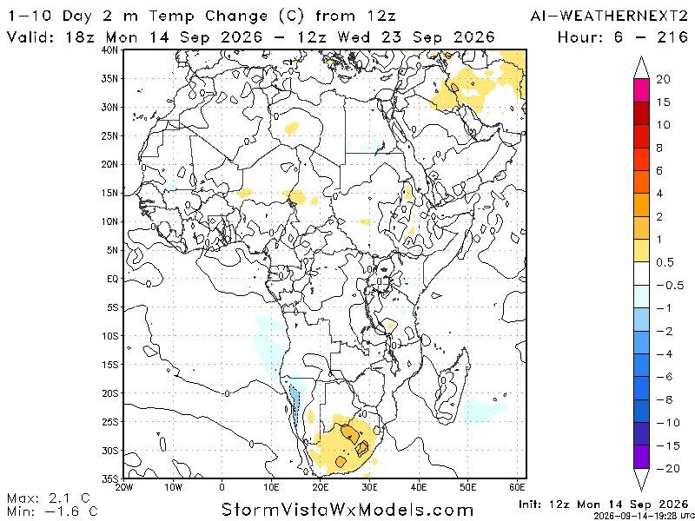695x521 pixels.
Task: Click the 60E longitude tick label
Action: point(517,487)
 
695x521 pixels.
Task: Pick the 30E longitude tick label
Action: point(369,487)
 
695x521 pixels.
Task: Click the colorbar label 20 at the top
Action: point(664,80)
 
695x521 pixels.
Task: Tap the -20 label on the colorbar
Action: point(668,468)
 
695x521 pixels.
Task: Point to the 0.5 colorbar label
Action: point(665,262)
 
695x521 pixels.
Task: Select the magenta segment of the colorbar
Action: point(641,90)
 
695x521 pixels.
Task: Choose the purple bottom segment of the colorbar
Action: point(641,457)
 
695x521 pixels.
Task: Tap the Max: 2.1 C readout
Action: point(49,497)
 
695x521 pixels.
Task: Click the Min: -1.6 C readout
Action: point(52,511)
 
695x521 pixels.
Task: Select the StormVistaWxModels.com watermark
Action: point(347,509)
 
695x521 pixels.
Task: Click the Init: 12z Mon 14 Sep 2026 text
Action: point(603,505)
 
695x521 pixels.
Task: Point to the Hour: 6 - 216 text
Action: point(623,36)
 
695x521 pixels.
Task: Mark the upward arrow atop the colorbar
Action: point(641,68)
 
